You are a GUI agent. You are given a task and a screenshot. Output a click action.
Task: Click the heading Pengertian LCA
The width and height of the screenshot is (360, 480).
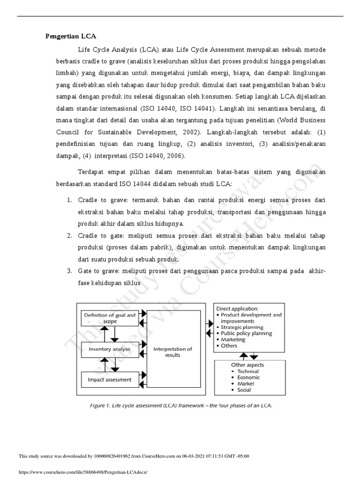click(x=70, y=37)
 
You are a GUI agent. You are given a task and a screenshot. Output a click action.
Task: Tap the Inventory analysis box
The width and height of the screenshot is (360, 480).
click(x=110, y=349)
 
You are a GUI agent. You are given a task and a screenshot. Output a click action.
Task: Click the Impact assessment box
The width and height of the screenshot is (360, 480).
click(x=110, y=379)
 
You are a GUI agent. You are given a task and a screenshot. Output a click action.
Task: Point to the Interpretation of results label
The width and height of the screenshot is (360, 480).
click(x=172, y=352)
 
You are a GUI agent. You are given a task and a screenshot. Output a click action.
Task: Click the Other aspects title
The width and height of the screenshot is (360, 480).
click(x=247, y=365)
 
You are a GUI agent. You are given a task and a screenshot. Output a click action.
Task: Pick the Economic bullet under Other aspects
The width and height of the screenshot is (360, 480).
click(x=248, y=377)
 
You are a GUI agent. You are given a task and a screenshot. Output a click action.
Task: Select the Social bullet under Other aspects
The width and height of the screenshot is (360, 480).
click(x=244, y=390)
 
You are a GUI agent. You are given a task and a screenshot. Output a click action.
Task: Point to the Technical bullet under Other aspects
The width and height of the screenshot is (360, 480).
click(x=248, y=371)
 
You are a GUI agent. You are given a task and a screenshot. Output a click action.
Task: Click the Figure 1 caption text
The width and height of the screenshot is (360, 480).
click(x=180, y=405)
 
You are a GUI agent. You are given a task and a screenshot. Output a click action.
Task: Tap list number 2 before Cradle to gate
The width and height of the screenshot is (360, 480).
click(x=69, y=235)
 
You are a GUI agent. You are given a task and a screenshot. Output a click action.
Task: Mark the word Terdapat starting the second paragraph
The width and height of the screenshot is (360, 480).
click(x=92, y=172)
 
